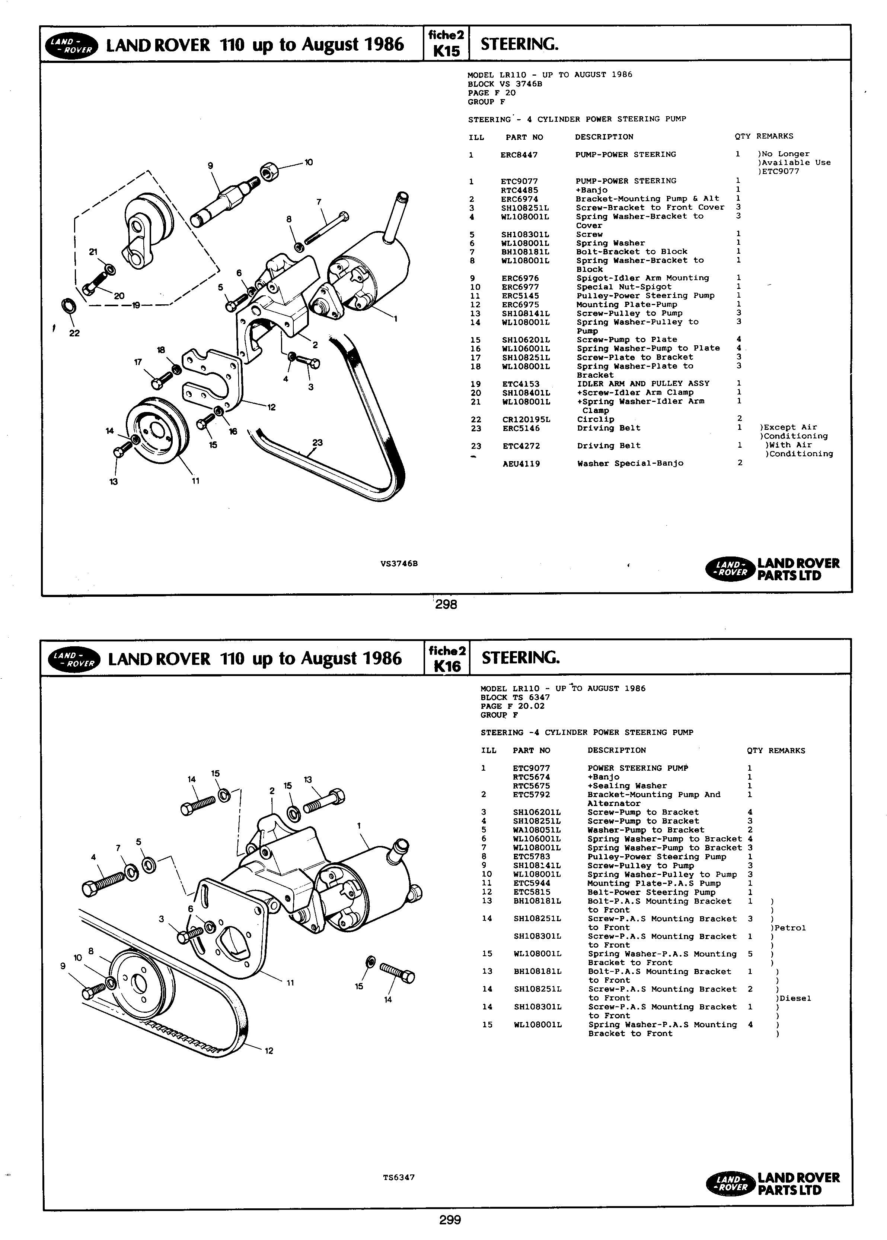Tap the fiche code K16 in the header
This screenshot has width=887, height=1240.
coord(447,666)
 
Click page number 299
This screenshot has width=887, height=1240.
coord(450,1219)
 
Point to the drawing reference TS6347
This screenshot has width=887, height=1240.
coord(399,1177)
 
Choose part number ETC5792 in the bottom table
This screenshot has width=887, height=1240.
coord(532,795)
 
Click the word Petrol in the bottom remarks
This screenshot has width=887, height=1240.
coord(790,928)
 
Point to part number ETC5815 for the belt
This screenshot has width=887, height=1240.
coord(532,892)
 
